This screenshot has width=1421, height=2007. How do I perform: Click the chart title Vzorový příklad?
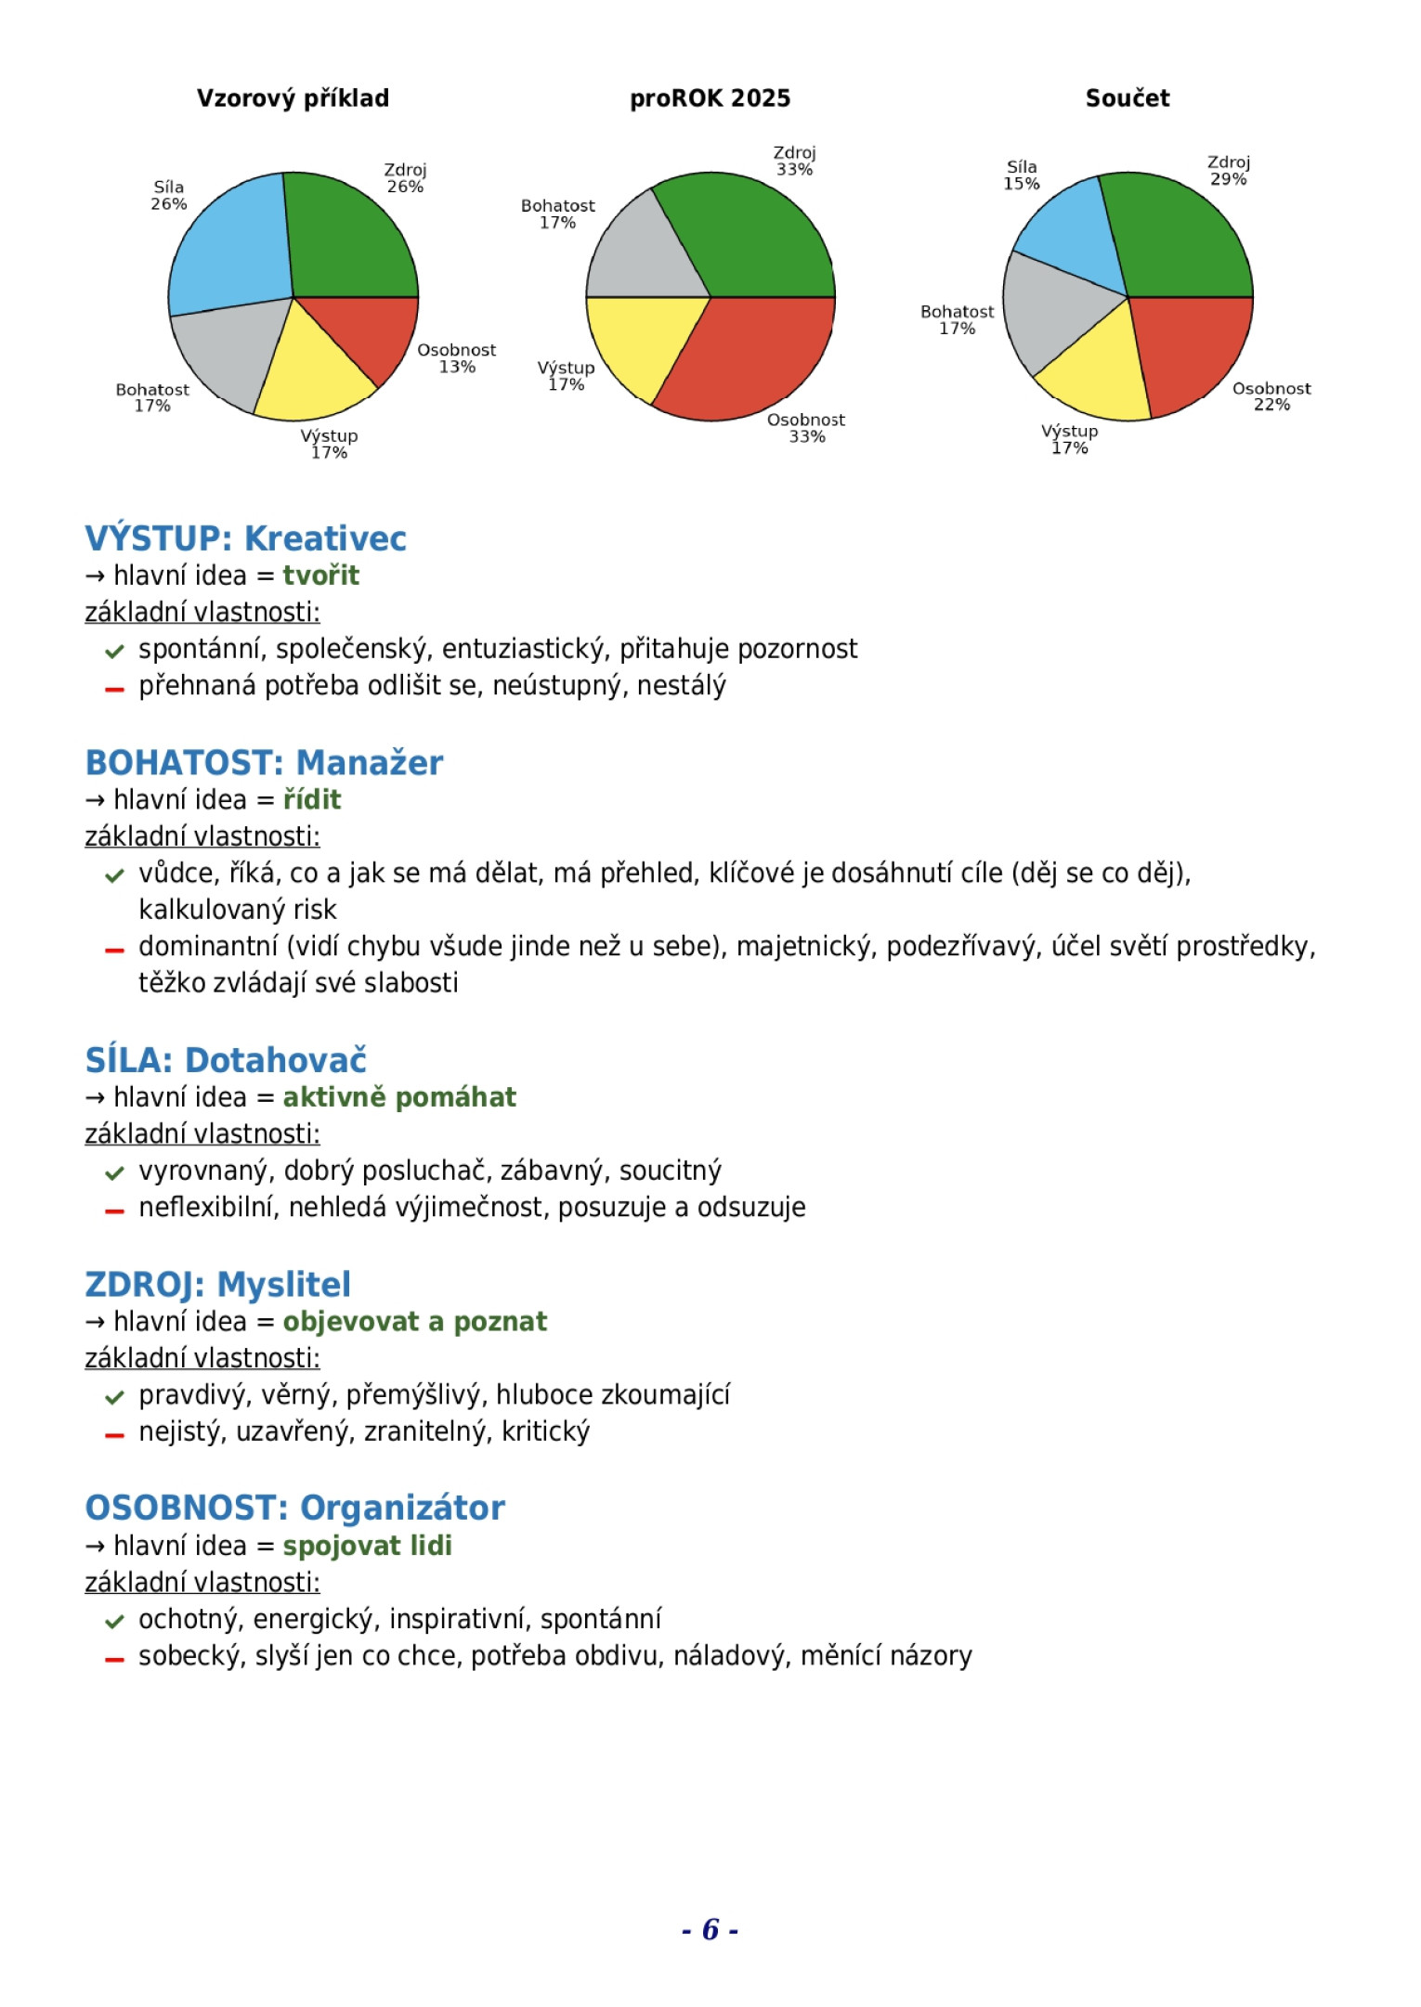(x=293, y=98)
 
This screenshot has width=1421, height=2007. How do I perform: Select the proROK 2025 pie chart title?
(x=710, y=98)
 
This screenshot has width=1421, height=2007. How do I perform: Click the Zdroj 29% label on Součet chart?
(x=1228, y=171)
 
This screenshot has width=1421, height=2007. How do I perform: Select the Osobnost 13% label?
(x=456, y=358)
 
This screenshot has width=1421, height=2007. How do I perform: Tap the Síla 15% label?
(x=1021, y=175)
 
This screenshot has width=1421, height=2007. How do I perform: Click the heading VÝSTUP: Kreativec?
(x=245, y=538)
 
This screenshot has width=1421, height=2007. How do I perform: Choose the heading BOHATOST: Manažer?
(x=264, y=762)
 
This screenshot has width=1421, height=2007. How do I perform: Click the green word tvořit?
(x=320, y=576)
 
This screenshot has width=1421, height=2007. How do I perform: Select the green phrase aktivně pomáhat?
(x=399, y=1097)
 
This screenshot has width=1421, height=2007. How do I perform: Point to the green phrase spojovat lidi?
(x=367, y=1546)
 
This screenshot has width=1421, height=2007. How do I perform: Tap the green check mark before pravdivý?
(x=114, y=1397)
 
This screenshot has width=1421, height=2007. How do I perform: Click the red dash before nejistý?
(x=114, y=1435)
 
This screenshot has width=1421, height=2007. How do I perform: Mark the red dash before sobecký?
(x=114, y=1659)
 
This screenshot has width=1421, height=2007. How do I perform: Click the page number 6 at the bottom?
(x=710, y=1930)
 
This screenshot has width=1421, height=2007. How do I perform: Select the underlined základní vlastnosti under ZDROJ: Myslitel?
(x=202, y=1358)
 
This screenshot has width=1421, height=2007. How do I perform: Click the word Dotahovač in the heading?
(x=276, y=1060)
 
